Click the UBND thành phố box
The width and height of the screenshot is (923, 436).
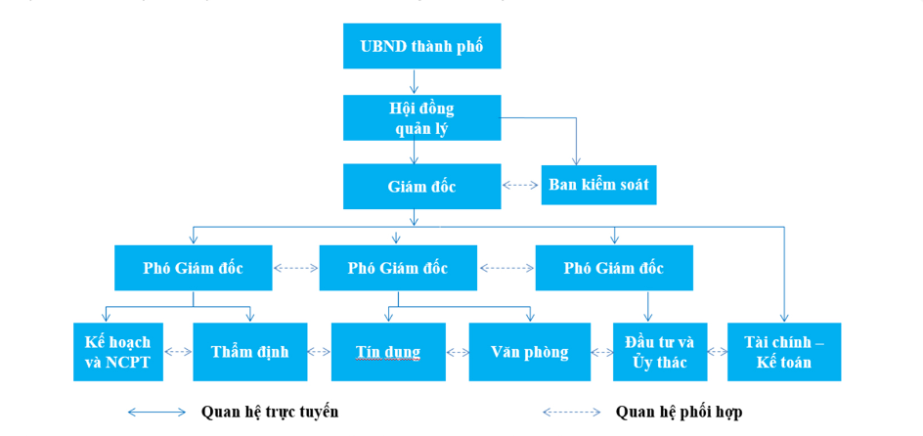[421, 46]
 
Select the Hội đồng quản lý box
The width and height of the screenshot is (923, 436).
[421, 117]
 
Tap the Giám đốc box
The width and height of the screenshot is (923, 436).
[421, 186]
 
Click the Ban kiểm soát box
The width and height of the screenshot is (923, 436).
[598, 185]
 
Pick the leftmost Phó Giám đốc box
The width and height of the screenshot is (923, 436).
[193, 268]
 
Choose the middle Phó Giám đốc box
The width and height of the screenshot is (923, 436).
[398, 268]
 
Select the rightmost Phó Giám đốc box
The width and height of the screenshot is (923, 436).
[613, 268]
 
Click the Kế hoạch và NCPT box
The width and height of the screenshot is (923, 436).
[117, 352]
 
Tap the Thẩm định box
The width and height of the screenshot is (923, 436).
[250, 352]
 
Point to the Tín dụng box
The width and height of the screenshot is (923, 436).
[388, 352]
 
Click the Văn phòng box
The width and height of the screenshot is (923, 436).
[529, 352]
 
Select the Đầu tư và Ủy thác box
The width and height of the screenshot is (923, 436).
[659, 352]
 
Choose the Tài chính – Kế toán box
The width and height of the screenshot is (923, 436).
[783, 352]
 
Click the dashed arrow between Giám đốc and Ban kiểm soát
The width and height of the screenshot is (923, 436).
[521, 185]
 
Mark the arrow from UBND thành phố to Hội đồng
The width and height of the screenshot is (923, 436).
[415, 82]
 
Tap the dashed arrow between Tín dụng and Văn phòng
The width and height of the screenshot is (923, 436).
[458, 352]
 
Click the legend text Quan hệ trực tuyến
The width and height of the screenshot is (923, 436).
[270, 412]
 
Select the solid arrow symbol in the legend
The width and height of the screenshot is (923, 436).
[156, 413]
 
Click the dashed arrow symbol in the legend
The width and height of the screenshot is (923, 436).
[572, 413]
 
